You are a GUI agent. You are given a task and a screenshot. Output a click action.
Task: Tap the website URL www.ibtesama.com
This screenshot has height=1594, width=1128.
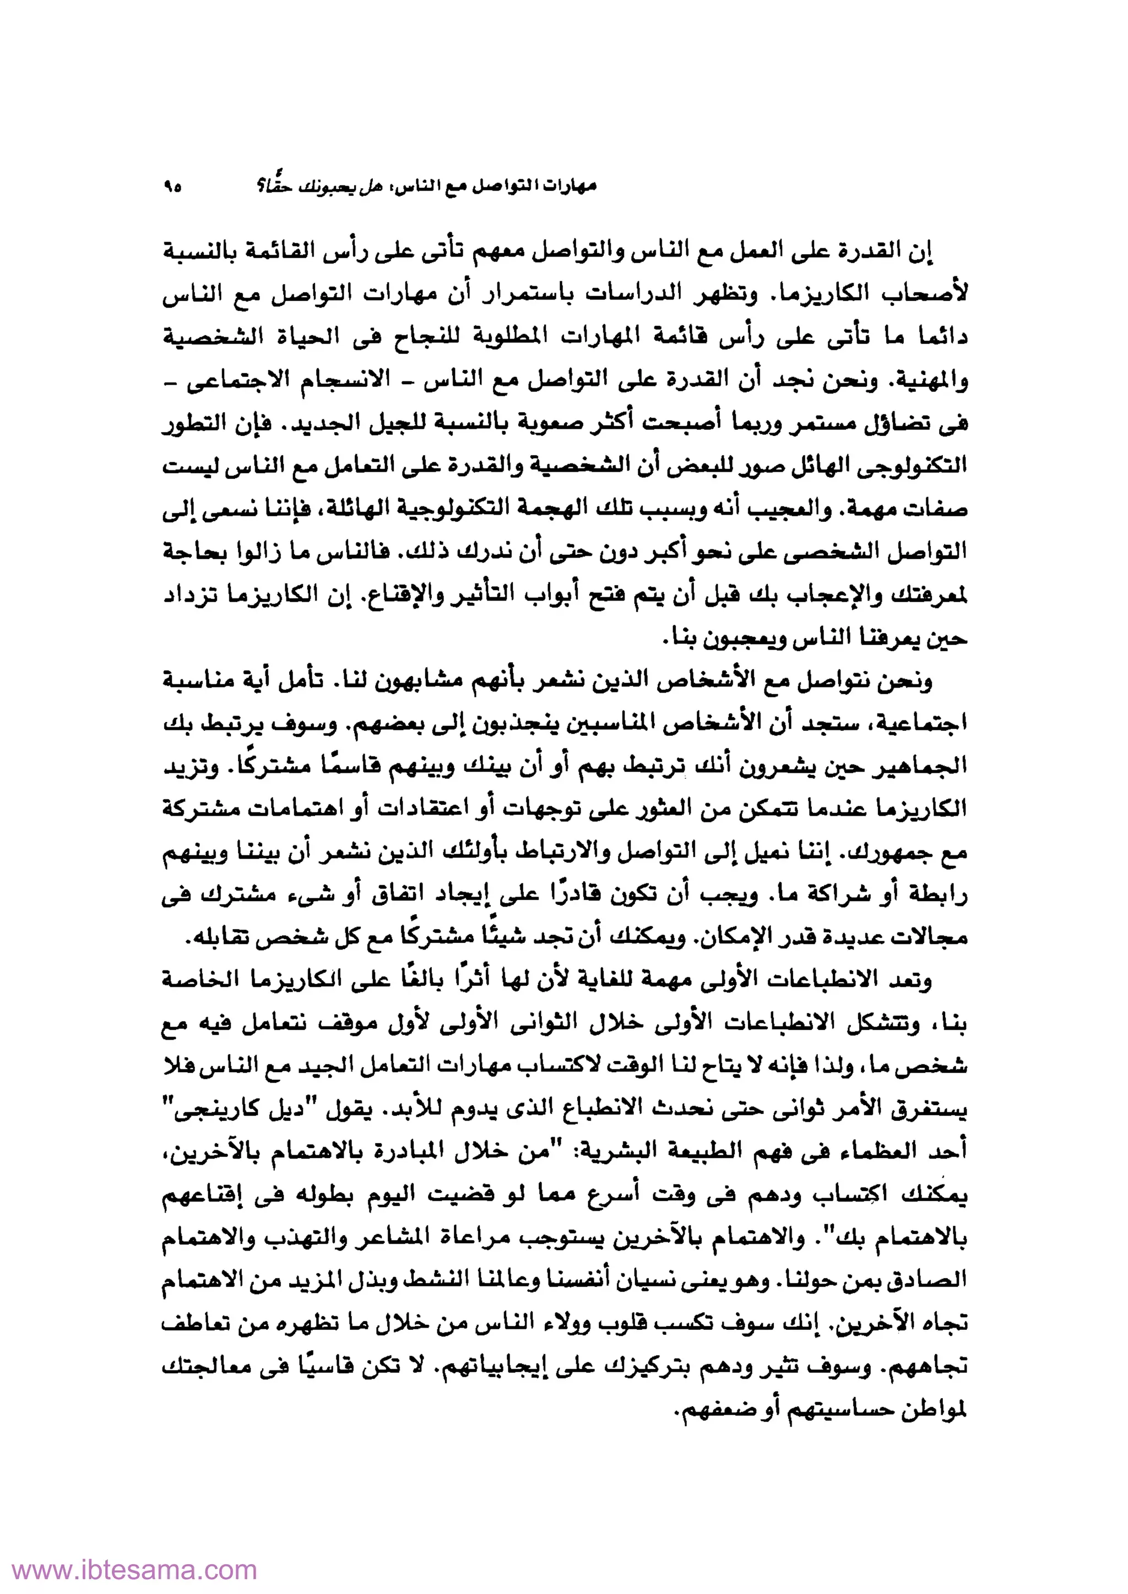[x=128, y=1569]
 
